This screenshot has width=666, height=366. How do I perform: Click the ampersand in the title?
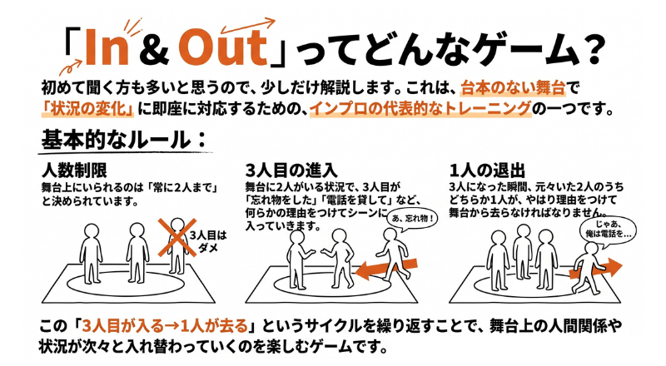[x=153, y=49]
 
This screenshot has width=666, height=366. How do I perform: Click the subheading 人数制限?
[x=74, y=171]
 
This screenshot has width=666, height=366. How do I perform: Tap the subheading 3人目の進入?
[x=291, y=171]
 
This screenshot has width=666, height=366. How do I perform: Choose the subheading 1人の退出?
[x=487, y=171]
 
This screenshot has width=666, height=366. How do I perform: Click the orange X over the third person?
[x=177, y=238]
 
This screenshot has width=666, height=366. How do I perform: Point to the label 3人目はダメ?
[x=208, y=241]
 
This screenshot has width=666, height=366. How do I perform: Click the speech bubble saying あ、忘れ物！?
[x=412, y=220]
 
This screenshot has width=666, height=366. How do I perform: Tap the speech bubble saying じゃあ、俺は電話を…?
[x=609, y=230]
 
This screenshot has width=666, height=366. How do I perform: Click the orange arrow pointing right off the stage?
[x=596, y=269]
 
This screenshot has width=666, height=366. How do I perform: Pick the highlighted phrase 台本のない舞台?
[x=514, y=88]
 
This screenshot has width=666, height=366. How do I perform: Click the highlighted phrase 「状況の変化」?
[x=88, y=109]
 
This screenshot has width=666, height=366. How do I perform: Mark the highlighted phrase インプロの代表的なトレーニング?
[x=420, y=109]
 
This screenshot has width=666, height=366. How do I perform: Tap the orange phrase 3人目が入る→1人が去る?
[x=165, y=326]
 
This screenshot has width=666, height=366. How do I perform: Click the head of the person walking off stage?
[x=591, y=250]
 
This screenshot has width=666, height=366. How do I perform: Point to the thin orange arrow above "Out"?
[x=248, y=26]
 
